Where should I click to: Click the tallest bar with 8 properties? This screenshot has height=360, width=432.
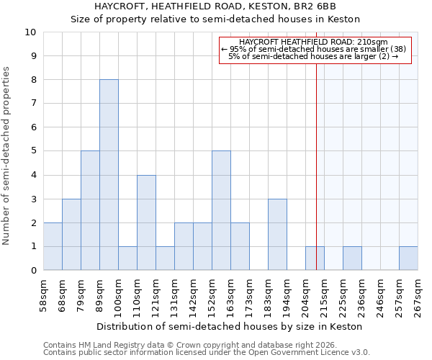[x=109, y=175]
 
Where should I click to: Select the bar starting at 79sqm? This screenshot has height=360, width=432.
[x=90, y=210]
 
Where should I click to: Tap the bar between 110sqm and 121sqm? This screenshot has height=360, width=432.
[x=146, y=222]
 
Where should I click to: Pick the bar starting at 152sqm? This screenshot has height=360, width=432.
[x=221, y=210]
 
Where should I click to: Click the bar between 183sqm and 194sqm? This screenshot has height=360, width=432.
[x=277, y=234]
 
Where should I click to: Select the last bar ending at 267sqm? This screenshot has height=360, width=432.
[x=408, y=258]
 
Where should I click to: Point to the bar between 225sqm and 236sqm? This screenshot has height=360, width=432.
[x=352, y=258]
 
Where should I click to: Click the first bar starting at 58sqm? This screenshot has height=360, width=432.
[x=53, y=246]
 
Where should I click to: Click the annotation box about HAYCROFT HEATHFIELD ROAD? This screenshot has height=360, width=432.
[x=314, y=50]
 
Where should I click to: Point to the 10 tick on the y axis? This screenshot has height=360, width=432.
[x=30, y=32]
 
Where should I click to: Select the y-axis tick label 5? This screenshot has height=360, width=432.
[x=33, y=151]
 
